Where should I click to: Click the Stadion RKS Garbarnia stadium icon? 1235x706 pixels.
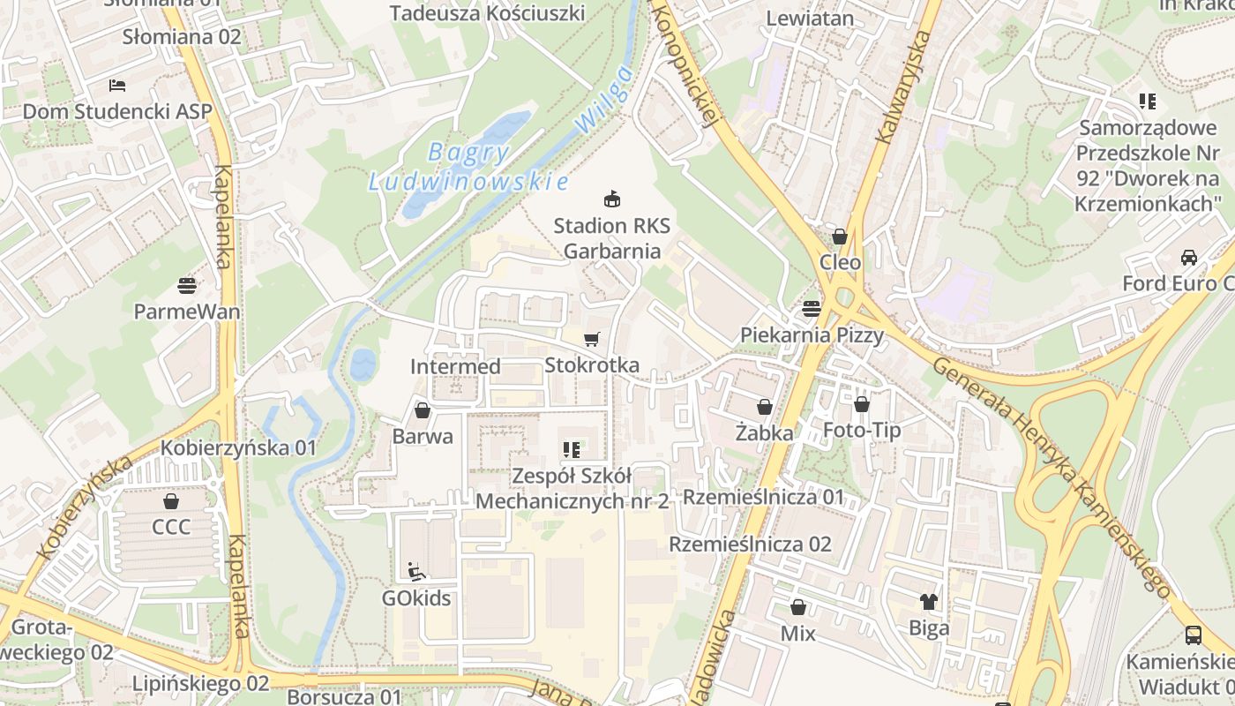[x=611, y=199]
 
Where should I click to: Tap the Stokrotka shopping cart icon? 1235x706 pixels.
[x=592, y=339]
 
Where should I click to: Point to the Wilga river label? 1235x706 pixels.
[x=603, y=100]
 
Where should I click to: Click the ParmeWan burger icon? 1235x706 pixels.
[x=187, y=285]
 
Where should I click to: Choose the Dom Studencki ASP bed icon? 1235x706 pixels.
[x=117, y=86]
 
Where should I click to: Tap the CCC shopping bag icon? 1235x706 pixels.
[x=171, y=501]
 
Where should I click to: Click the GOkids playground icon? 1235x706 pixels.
[x=416, y=571]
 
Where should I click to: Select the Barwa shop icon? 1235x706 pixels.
[x=423, y=410]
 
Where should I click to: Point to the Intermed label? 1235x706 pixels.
[x=455, y=366]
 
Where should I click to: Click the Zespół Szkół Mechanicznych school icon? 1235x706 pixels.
[x=572, y=450]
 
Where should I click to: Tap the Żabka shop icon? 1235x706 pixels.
[x=764, y=407]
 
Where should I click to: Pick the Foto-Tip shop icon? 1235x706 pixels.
[x=862, y=404]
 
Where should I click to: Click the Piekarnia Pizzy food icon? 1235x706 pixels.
[x=812, y=308]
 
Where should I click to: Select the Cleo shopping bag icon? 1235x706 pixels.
[x=840, y=237]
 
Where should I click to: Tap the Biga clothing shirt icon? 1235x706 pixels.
[x=929, y=602]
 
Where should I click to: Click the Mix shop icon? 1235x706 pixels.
[x=798, y=607]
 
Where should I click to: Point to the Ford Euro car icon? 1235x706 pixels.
[x=1189, y=258]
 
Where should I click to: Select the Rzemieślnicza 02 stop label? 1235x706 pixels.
[x=750, y=544]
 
